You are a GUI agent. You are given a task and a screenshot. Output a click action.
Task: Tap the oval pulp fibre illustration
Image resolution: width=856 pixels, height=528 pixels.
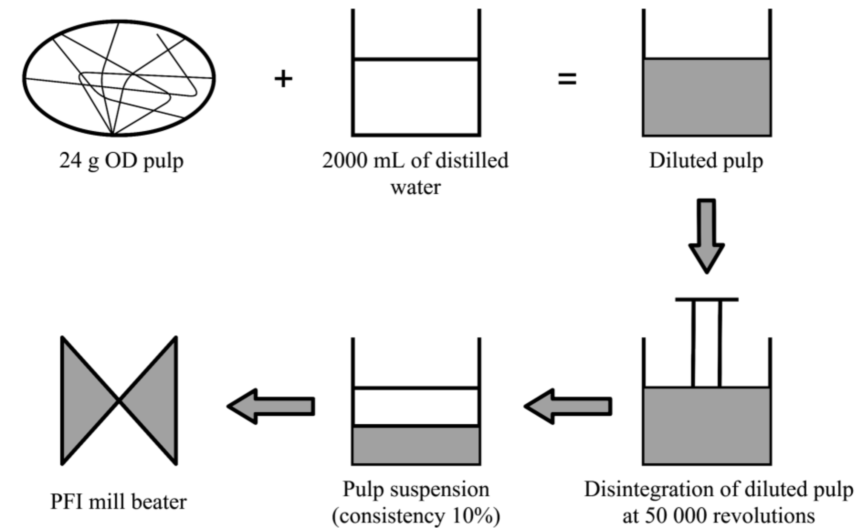click(x=119, y=78)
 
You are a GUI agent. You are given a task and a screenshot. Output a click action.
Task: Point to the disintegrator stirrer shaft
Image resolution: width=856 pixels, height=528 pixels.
click(x=706, y=344)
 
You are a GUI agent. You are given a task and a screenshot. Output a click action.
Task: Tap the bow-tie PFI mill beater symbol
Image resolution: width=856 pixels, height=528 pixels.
click(x=119, y=401)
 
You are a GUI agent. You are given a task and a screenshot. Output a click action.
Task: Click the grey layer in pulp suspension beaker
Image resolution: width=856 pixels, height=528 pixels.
click(x=416, y=445)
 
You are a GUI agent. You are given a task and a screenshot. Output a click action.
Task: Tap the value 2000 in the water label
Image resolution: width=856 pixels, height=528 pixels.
click(x=344, y=160)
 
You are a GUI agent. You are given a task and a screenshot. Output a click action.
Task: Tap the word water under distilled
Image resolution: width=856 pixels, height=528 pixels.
click(x=416, y=188)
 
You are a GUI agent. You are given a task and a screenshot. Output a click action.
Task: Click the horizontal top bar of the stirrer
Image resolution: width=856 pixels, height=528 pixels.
click(x=706, y=299)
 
